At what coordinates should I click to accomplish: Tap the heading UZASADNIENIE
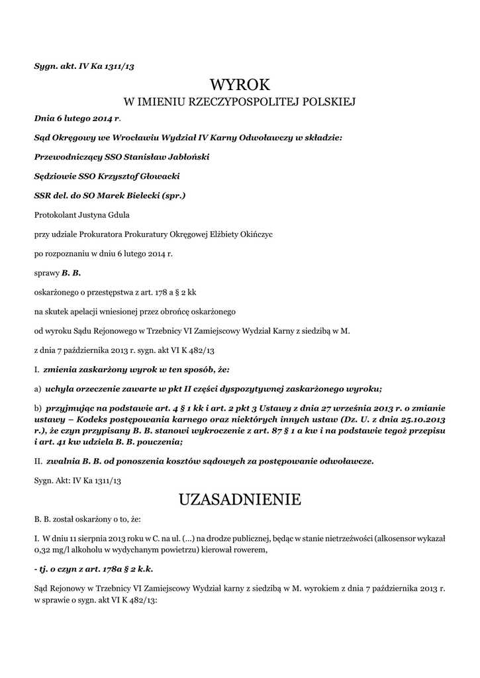click(x=240, y=499)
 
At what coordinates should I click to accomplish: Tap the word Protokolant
click(x=56, y=215)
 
